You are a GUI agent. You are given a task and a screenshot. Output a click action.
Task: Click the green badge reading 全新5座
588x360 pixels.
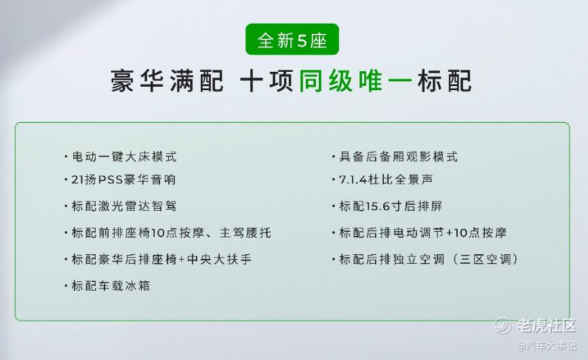tap(292, 39)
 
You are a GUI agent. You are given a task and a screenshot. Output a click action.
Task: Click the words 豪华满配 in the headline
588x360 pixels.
tap(167, 81)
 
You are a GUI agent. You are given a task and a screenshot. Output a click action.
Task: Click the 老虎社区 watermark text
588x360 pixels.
tap(547, 325)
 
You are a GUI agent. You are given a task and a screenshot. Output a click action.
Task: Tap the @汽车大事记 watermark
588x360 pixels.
tap(547, 345)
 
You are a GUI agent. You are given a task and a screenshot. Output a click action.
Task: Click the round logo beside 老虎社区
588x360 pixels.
tap(503, 325)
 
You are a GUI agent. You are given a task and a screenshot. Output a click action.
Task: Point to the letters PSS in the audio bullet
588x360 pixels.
tap(111, 180)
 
